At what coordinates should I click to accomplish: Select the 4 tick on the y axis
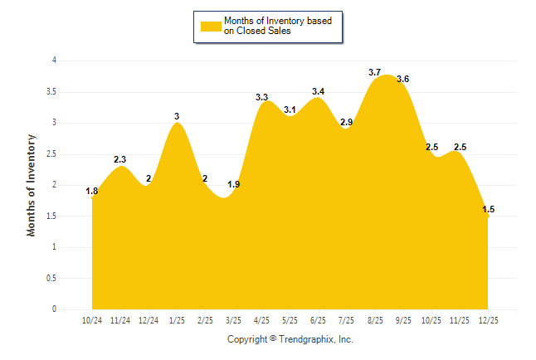point(53,61)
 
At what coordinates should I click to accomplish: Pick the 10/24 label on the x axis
point(92,320)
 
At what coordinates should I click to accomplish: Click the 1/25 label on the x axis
point(177,320)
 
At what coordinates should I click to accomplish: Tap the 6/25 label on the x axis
point(318,320)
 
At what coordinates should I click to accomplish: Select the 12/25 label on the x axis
point(487,320)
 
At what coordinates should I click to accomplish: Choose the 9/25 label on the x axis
point(402,320)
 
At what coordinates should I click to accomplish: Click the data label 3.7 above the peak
point(374,72)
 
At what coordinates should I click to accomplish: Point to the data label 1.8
point(92,192)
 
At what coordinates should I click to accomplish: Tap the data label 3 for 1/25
point(177,116)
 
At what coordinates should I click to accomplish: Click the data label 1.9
point(233,184)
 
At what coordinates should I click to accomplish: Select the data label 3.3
point(261,97)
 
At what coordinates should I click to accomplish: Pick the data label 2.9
point(346,122)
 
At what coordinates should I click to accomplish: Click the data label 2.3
point(120,160)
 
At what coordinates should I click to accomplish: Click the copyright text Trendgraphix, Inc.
point(319,339)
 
